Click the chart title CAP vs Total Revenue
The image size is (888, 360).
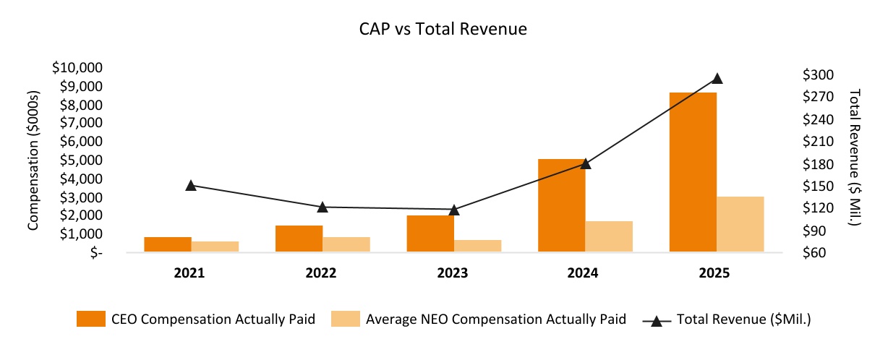tap(443, 30)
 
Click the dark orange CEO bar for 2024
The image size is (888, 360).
tap(561, 205)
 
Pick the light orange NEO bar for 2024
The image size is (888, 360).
tap(609, 236)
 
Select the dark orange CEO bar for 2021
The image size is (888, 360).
tap(167, 244)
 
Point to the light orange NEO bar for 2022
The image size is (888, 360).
tap(346, 244)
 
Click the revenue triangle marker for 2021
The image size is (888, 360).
tap(191, 186)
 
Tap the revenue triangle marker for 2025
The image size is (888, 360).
tap(717, 79)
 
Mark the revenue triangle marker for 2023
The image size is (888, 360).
tap(453, 210)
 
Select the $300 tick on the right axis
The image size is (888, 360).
tap(817, 75)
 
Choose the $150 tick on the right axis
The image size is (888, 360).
tap(817, 187)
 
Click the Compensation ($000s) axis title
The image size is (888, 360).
tap(33, 161)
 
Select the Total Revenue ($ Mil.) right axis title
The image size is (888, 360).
tap(855, 158)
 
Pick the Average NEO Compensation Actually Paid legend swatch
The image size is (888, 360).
tap(345, 319)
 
